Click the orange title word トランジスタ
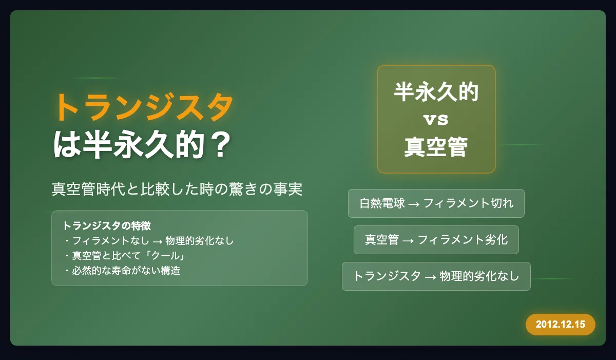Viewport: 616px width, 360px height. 144,107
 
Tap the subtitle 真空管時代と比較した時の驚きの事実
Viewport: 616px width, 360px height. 177,189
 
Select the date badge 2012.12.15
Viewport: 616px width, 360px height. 561,324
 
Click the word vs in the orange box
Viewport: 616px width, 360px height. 436,119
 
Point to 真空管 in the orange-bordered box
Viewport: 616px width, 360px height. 436,147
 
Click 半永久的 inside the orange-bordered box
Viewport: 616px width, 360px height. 436,92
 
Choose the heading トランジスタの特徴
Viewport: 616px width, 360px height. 107,226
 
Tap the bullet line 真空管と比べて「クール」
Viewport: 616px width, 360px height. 125,256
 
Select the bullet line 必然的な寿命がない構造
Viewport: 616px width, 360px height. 122,271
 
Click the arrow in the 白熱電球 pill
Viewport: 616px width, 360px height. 414,204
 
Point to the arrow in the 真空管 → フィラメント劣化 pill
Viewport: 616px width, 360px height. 408,241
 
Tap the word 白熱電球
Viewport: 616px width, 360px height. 382,203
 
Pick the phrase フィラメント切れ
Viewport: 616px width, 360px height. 468,203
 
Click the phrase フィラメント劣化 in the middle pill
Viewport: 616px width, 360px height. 463,239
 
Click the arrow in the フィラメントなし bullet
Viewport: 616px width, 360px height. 158,242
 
